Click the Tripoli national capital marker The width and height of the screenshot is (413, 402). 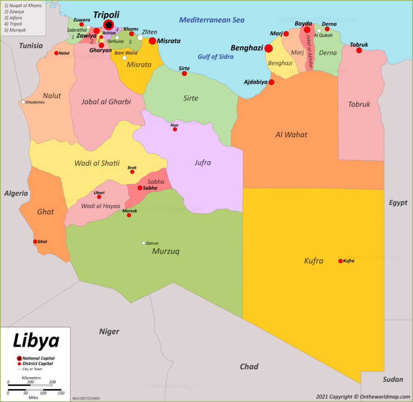tap(109, 25)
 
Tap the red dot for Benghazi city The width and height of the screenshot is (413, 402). tap(268, 48)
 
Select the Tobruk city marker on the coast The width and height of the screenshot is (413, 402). tap(359, 50)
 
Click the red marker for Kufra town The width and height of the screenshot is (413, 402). tap(340, 261)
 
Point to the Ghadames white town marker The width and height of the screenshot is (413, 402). tap(23, 102)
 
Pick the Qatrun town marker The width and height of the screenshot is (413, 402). tap(144, 243)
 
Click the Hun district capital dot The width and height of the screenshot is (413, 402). tap(175, 129)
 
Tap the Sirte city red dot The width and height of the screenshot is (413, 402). tap(184, 74)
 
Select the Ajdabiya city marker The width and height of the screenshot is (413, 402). tap(271, 82)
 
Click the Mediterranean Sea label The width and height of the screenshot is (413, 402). tap(212, 20)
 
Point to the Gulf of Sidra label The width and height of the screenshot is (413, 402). tap(215, 57)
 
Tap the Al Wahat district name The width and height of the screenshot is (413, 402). tap(291, 134)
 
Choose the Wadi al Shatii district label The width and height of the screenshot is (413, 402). tap(97, 163)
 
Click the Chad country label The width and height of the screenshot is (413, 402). tap(249, 366)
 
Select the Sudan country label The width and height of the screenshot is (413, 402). tap(393, 379)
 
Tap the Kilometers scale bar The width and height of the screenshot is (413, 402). tap(30, 385)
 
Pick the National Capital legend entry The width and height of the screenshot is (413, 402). tap(38, 358)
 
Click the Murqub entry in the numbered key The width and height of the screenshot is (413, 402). tap(14, 30)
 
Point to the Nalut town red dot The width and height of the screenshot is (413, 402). tap(56, 53)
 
